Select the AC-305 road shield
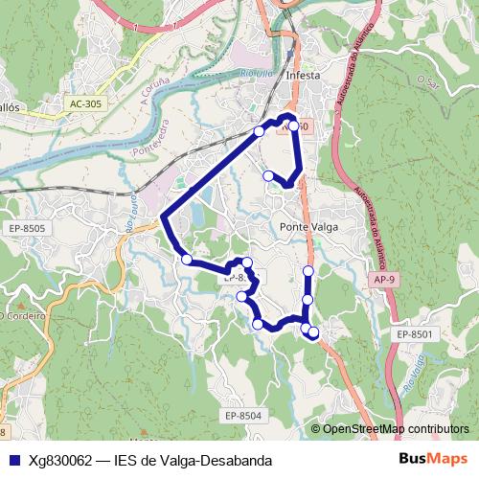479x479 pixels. [87, 103]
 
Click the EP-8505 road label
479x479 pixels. [27, 228]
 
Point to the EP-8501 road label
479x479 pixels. [415, 333]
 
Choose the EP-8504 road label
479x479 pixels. [243, 415]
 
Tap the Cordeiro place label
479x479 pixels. [25, 315]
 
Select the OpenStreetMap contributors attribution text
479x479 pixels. [396, 428]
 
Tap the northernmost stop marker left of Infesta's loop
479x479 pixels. [259, 130]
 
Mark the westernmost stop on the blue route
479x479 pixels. [186, 259]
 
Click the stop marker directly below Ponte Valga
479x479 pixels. [308, 272]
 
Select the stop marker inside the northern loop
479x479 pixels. [268, 175]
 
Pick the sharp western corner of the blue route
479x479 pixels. [163, 217]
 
